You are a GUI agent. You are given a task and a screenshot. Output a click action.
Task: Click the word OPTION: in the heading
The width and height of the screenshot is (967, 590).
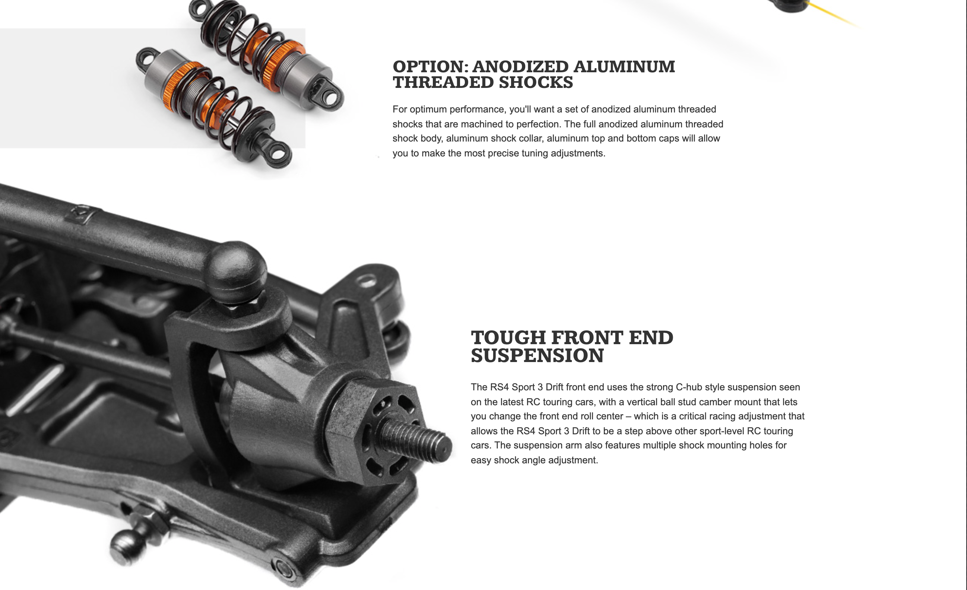[x=431, y=67]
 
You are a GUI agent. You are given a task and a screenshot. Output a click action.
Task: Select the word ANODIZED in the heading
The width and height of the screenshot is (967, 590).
[x=520, y=67]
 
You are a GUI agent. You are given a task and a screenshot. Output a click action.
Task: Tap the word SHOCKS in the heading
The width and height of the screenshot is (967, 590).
[x=536, y=82]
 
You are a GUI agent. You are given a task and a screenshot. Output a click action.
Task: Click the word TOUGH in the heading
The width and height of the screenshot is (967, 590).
[x=508, y=338]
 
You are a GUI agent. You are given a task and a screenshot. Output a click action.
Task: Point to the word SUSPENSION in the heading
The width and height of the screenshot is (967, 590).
[x=537, y=356]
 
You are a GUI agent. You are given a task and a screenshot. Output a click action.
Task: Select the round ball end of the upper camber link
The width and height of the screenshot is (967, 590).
[x=237, y=271]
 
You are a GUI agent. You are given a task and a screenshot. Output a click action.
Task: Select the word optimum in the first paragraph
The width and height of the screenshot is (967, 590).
[x=428, y=110]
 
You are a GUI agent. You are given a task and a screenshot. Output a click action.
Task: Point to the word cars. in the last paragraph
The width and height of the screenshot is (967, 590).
[x=481, y=445]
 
